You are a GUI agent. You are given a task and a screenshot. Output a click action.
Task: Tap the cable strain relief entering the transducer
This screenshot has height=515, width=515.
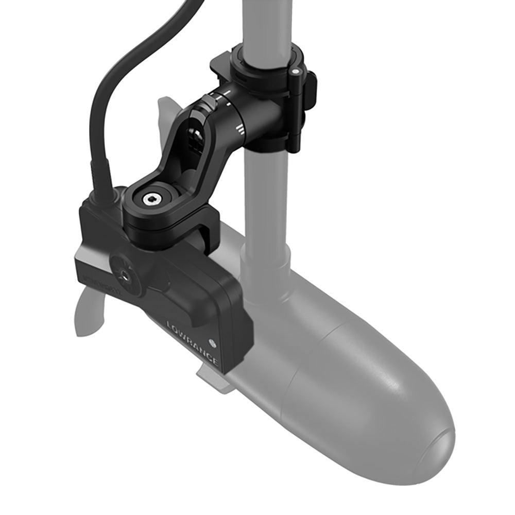tap(100, 183)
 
